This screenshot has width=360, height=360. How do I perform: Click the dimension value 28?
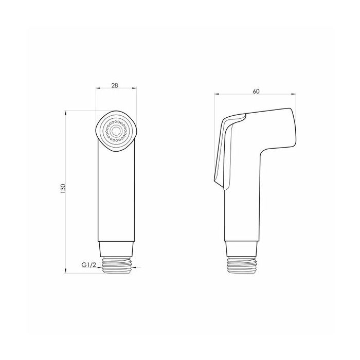[115, 85]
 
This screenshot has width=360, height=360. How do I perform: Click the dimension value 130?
[63, 189]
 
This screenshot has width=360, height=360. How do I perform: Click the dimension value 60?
[256, 91]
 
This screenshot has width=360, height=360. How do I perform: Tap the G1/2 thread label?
[88, 265]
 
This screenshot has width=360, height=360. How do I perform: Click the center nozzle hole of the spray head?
[116, 131]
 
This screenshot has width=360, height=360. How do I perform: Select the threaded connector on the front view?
[116, 265]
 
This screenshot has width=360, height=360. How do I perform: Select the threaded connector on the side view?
[242, 265]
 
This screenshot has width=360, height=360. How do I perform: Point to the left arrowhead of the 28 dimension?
[98, 88]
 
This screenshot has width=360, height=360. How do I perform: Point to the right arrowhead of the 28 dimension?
[134, 88]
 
